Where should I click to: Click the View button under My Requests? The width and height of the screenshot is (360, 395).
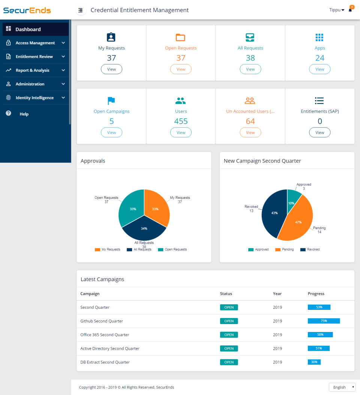(111, 69)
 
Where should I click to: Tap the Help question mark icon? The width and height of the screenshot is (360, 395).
(9, 113)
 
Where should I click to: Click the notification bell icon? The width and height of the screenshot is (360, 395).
(350, 10)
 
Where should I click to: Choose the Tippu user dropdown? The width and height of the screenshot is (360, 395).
(336, 10)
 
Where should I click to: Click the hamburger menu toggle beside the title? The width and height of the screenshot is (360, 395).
(80, 10)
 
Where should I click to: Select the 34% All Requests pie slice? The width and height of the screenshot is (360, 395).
(144, 230)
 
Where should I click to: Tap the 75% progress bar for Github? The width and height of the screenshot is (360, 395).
(324, 321)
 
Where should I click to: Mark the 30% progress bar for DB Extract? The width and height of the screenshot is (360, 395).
(314, 362)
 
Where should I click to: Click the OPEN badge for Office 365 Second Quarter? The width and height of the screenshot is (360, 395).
(229, 335)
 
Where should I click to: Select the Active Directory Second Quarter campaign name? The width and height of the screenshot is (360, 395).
(110, 348)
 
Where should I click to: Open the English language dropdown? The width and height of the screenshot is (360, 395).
(342, 387)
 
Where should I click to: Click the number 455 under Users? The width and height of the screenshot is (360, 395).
(181, 121)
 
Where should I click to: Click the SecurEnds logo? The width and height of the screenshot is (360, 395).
(27, 10)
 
